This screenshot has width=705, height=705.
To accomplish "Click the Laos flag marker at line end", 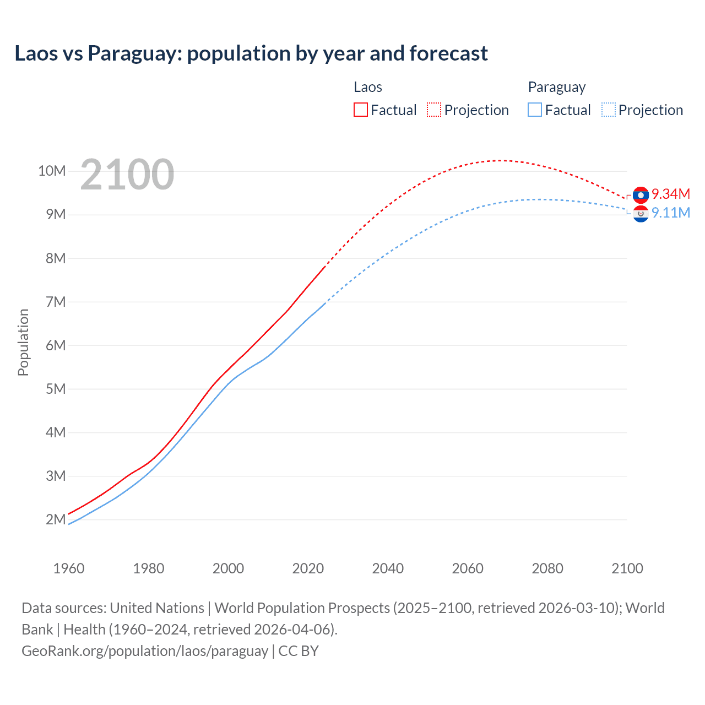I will pyautogui.click(x=641, y=194).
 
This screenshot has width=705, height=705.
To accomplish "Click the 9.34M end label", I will pyautogui.click(x=671, y=194).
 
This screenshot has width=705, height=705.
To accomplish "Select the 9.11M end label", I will pyautogui.click(x=671, y=213).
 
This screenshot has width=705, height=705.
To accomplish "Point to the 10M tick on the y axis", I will pyautogui.click(x=52, y=171).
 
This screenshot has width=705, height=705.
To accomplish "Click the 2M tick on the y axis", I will pyautogui.click(x=56, y=519).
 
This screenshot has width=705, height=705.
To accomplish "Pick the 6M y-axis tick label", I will pyautogui.click(x=56, y=345).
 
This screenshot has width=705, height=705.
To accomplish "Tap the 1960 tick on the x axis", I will pyautogui.click(x=69, y=568).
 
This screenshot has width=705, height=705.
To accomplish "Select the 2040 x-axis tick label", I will pyautogui.click(x=388, y=568).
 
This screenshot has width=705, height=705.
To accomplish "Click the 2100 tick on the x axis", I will pyautogui.click(x=627, y=568).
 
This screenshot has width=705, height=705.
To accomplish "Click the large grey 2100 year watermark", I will pyautogui.click(x=127, y=175).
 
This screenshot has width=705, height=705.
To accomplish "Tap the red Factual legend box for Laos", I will pyautogui.click(x=361, y=110).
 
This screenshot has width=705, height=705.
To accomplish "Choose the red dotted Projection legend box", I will pyautogui.click(x=434, y=110).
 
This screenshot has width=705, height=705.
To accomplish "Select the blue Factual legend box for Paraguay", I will pyautogui.click(x=535, y=110).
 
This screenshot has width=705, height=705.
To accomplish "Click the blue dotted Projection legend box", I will pyautogui.click(x=608, y=110).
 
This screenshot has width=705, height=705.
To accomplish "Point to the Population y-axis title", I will pyautogui.click(x=23, y=342).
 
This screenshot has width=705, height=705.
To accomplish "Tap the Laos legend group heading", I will pyautogui.click(x=367, y=87).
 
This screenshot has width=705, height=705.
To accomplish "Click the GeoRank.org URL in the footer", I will pyautogui.click(x=145, y=650).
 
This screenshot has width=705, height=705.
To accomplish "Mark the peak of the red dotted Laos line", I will pyautogui.click(x=499, y=160).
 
